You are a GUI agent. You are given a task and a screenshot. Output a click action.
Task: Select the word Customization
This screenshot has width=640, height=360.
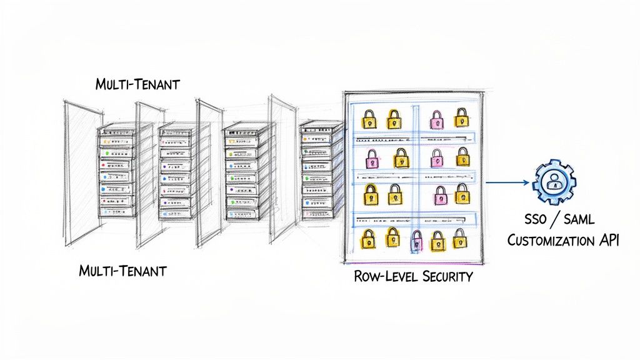pos(551,241)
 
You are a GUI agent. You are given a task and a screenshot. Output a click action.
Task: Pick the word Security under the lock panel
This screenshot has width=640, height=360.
pos(443,276)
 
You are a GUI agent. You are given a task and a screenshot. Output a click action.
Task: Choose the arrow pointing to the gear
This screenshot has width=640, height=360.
pos(507,182)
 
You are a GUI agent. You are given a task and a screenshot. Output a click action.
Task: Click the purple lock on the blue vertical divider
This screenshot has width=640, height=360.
pos(416,240)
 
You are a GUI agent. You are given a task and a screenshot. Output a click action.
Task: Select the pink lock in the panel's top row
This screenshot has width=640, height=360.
pos(436,118)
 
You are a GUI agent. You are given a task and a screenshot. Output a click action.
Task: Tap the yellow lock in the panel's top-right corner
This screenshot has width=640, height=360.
pos(461,117)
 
